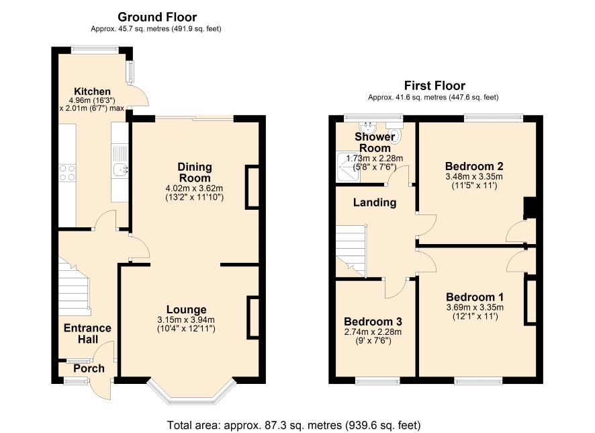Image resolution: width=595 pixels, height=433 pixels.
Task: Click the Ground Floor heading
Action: [x=157, y=17]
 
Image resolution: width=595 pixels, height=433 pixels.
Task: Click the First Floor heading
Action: [x=434, y=85]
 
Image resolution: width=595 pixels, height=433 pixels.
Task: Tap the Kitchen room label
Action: [x=92, y=91]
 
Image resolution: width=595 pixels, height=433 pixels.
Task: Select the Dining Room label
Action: [x=195, y=172]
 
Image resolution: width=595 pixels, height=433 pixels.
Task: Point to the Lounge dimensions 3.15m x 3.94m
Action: [x=186, y=320]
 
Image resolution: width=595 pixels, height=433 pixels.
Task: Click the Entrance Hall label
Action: [x=88, y=333]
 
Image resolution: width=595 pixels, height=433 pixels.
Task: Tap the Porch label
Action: [x=89, y=368]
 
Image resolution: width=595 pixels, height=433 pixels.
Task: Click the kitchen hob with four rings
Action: [x=67, y=172]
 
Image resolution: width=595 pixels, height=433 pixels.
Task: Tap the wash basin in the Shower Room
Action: [x=367, y=126]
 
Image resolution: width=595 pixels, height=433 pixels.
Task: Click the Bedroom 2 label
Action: [x=474, y=166]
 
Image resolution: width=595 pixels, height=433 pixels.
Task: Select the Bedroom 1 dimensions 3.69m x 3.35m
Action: [x=475, y=307]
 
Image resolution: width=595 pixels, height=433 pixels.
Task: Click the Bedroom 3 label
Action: [x=373, y=321]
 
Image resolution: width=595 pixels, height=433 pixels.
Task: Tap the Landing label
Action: [x=375, y=202]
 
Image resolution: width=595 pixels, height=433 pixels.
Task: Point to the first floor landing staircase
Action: [x=351, y=251]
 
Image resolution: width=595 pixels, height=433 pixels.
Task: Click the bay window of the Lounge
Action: [x=191, y=391]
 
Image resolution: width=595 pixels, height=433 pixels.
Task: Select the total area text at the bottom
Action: [x=293, y=425]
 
